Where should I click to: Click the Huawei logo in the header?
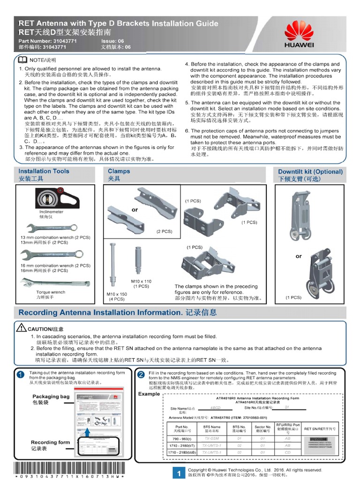(299, 36)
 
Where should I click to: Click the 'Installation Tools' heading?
(44, 172)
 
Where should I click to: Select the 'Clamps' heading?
(119, 172)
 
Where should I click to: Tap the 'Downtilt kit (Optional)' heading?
(310, 172)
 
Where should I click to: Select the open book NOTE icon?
(22, 60)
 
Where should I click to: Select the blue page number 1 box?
(178, 473)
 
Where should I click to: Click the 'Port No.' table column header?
(182, 428)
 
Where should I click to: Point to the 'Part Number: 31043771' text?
(47, 41)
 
